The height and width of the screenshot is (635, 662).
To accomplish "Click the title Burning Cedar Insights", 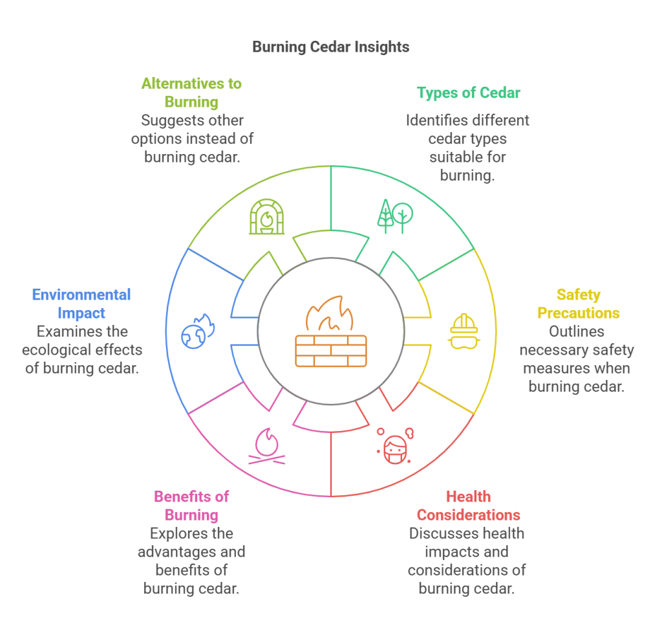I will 330,47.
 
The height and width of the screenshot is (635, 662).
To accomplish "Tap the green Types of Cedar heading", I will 468,93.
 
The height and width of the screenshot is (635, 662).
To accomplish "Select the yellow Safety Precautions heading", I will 579,304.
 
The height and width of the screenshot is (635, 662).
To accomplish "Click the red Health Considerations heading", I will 468,506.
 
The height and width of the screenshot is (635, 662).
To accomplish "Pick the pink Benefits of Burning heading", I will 191,506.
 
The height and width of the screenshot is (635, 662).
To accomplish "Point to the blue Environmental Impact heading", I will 81,304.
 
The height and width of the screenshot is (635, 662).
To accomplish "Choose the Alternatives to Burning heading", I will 191,93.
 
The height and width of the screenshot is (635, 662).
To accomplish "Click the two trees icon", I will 395,216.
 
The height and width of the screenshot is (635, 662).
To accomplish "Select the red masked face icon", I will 395,446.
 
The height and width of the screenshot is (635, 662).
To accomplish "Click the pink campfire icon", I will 266,446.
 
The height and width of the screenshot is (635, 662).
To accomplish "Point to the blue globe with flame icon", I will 198,331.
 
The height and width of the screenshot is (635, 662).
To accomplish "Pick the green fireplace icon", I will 266,216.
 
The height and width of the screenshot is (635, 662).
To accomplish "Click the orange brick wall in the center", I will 330,351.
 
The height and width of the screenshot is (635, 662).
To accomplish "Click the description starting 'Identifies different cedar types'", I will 468,148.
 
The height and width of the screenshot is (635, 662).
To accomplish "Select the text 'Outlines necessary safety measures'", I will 579,359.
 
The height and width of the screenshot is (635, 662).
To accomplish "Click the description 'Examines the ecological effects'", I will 81,350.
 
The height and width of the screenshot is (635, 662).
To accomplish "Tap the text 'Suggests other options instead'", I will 191,139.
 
